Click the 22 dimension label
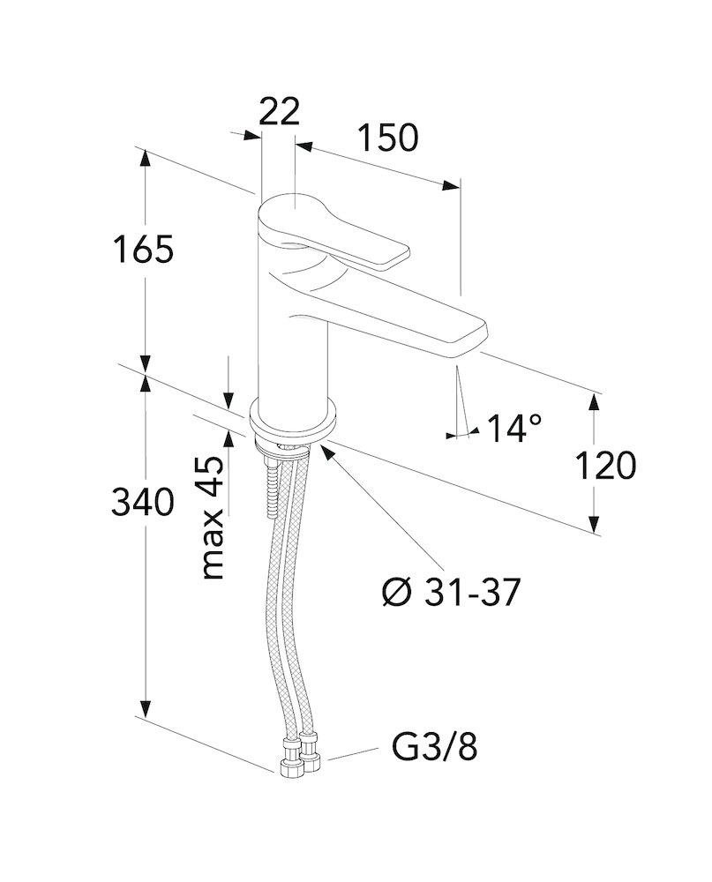point(279,111)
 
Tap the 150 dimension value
point(388,138)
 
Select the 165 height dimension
point(143,250)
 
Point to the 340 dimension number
point(142,502)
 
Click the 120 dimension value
point(605,465)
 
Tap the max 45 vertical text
point(213,518)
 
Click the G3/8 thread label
point(434,748)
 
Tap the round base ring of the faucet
point(293,421)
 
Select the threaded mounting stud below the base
point(273,485)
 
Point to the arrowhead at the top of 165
point(146,158)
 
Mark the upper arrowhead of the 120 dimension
point(593,403)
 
